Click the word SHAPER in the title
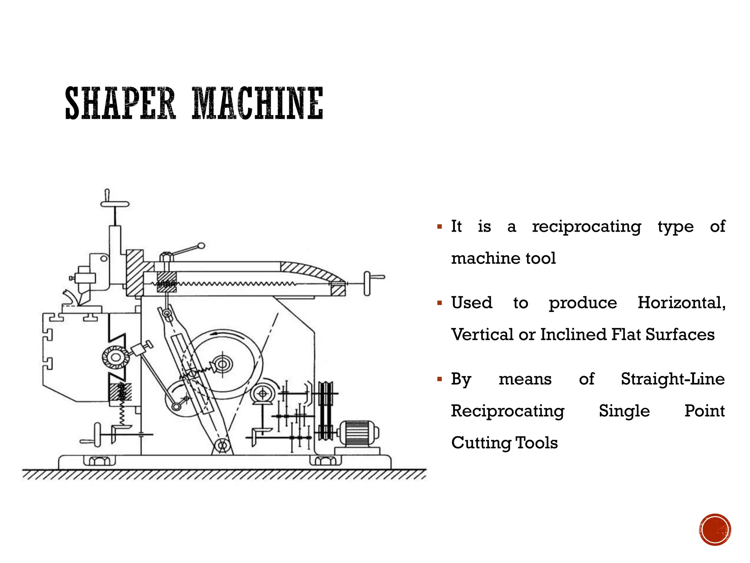120,103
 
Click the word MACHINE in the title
257,103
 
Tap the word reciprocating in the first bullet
586,227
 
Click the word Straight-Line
673,379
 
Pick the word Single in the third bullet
624,411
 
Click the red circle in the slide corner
715,530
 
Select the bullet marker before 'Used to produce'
440,303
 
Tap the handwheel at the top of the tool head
115,203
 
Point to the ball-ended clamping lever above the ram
201,246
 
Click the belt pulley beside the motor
325,411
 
